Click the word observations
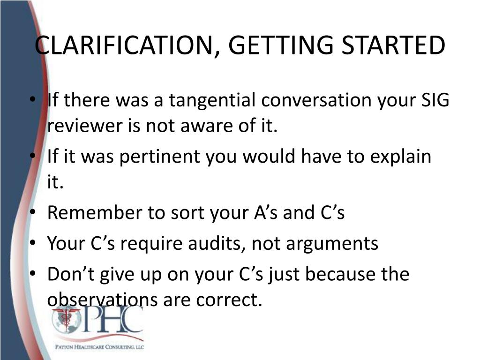point(103,300)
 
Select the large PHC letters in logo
point(112,322)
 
